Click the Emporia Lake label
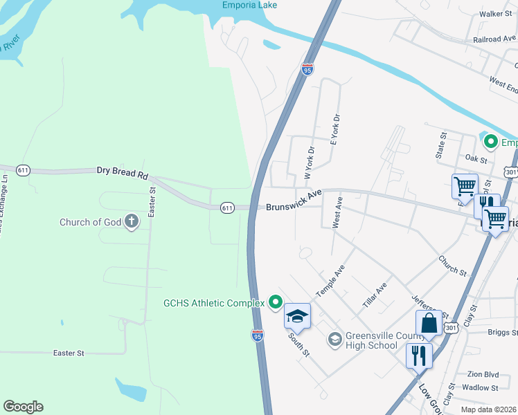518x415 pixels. click(x=250, y=6)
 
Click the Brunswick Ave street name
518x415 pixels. click(x=294, y=203)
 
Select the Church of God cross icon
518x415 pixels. click(x=132, y=222)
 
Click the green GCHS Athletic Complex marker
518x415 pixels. click(x=275, y=302)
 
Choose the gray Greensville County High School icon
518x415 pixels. click(x=335, y=338)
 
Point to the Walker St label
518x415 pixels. click(x=499, y=13)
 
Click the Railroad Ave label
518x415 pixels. click(x=494, y=39)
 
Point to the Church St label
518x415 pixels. click(x=452, y=264)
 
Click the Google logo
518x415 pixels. click(x=23, y=407)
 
